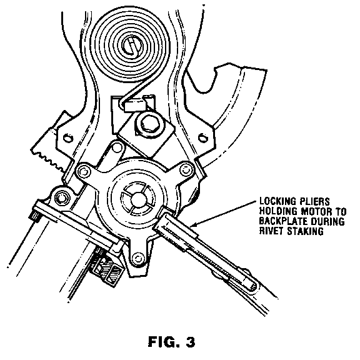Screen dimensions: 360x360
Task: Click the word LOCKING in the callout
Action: pos(277,201)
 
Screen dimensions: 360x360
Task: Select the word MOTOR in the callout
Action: pos(316,211)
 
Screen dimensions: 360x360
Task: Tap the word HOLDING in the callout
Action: pos(279,211)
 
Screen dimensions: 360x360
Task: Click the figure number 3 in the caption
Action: pos(189,342)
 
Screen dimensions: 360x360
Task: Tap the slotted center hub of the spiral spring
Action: pos(131,46)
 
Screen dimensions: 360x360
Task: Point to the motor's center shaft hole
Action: pos(138,199)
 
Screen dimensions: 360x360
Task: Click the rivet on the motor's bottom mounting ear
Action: pos(137,257)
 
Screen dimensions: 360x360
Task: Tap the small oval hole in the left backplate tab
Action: pos(68,139)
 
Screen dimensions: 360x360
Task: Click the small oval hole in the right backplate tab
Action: pos(202,138)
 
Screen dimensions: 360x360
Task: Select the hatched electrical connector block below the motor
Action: pos(106,267)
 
